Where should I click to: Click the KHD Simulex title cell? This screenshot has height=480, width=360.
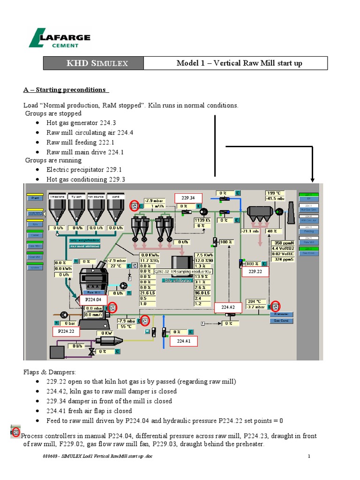(x=93, y=63)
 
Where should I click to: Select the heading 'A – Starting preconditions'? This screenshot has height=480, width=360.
(x=66, y=90)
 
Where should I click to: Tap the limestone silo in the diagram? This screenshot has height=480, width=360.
(x=58, y=208)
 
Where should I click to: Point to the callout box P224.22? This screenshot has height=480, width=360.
(x=66, y=331)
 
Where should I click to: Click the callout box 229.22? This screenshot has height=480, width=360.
(x=255, y=271)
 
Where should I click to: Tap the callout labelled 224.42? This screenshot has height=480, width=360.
(x=228, y=307)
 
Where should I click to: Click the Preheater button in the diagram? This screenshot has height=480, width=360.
(x=281, y=315)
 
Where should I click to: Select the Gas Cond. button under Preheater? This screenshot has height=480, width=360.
(x=281, y=321)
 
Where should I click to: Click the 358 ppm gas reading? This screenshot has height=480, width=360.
(x=284, y=243)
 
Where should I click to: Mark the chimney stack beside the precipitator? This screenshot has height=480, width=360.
(x=291, y=211)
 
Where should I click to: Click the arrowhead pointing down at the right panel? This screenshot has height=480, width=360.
(x=312, y=180)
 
